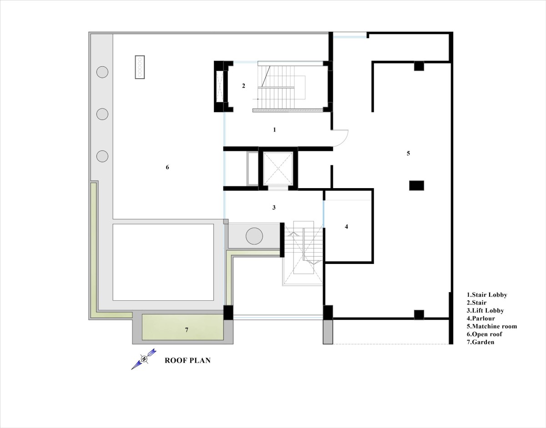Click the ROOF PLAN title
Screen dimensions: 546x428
[x=188, y=360]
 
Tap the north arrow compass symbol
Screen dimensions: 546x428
[x=144, y=359]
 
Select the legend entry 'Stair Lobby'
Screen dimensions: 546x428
[x=487, y=295]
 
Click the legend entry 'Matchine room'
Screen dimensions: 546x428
[x=492, y=326]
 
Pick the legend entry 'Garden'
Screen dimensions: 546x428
[x=480, y=342]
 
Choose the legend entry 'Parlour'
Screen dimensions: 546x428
[x=480, y=319]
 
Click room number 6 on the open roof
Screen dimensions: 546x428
[x=167, y=167]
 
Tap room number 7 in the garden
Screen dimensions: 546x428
[x=187, y=330]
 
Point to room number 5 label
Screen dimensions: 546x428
[x=408, y=153]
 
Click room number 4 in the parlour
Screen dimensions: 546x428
[x=347, y=227]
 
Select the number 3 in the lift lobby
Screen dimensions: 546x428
[x=274, y=208]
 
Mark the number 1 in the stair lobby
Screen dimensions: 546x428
[x=274, y=129]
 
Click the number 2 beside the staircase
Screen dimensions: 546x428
[x=243, y=86]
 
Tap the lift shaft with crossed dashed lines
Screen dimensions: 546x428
[x=278, y=169]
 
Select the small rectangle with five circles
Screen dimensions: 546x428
[x=140, y=67]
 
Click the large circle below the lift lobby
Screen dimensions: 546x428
[x=254, y=236]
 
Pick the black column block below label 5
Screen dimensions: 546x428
[x=417, y=186]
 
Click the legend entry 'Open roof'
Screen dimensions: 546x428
[x=485, y=334]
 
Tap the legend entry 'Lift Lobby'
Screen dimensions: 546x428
[x=485, y=311]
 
